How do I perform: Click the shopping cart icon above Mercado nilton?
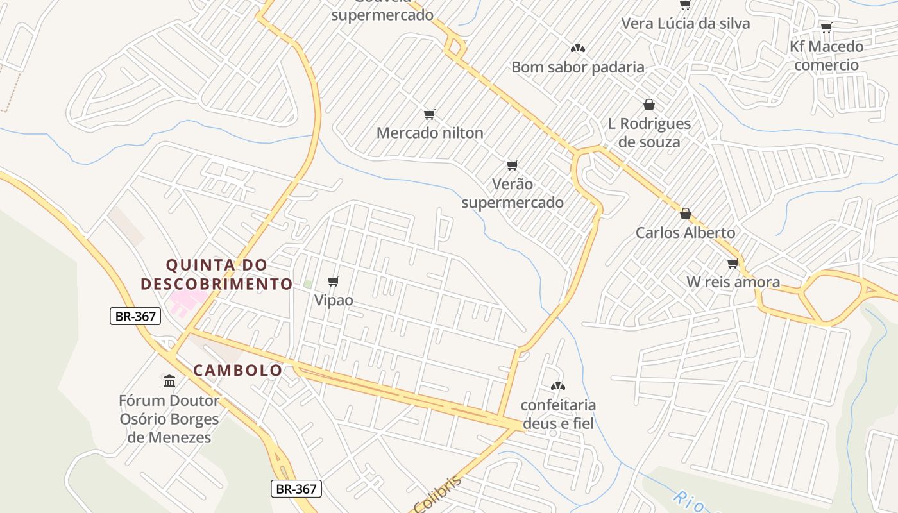click(x=429, y=115)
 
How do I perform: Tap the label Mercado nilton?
click(x=430, y=133)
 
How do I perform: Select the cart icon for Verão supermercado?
click(x=512, y=165)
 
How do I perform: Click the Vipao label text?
click(x=334, y=299)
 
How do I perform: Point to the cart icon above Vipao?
click(x=333, y=281)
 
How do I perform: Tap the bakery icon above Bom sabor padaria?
click(x=577, y=48)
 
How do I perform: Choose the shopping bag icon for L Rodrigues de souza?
click(x=648, y=105)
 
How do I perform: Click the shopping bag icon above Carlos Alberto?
click(x=685, y=214)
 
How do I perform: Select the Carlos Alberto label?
click(x=685, y=232)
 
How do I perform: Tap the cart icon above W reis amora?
click(x=733, y=263)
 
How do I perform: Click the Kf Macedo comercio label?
click(x=826, y=55)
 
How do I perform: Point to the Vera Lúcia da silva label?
click(x=685, y=24)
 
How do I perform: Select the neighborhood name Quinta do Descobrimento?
click(x=217, y=274)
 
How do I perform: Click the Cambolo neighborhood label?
click(x=238, y=370)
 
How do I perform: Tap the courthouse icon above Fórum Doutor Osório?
click(x=169, y=382)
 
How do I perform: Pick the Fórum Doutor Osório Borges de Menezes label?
click(x=169, y=419)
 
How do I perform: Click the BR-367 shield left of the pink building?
click(x=135, y=316)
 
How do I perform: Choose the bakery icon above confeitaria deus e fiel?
click(x=558, y=386)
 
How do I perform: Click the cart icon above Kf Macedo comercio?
click(x=826, y=28)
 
